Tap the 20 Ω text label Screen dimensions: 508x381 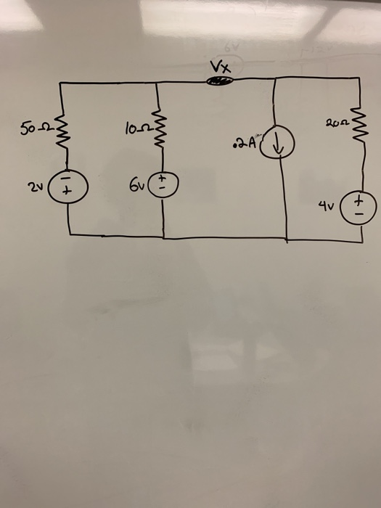pos(336,125)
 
